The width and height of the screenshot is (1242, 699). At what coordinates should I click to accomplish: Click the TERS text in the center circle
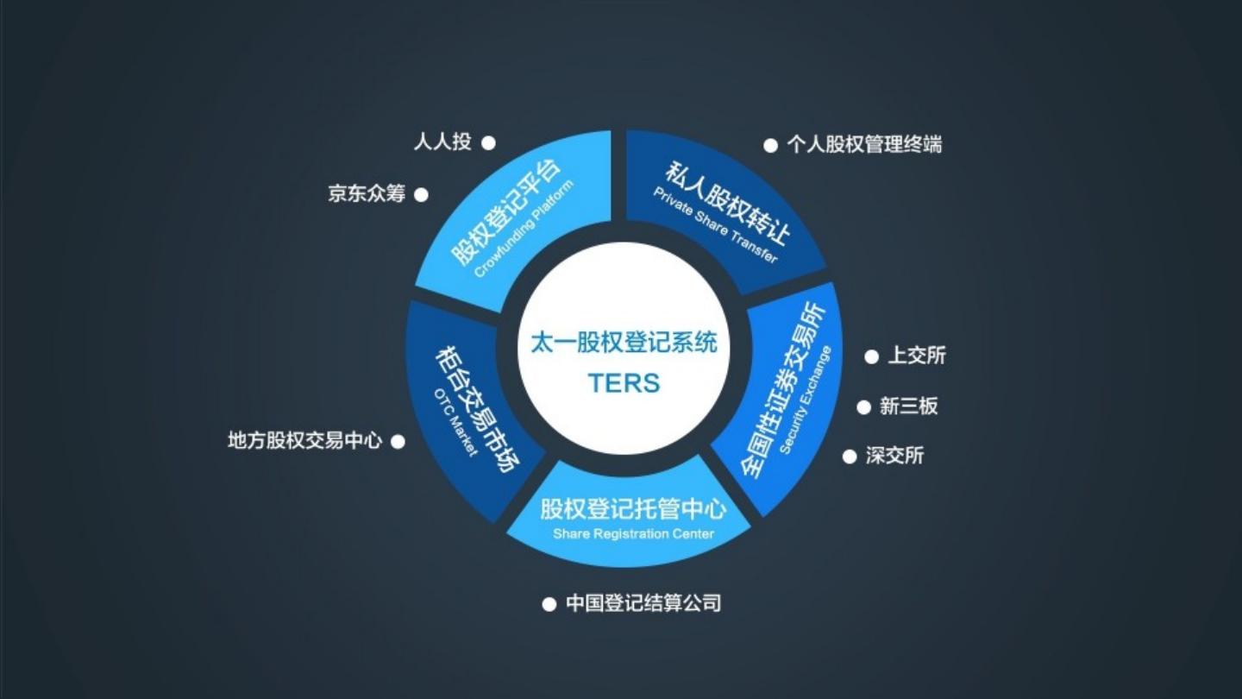(x=624, y=382)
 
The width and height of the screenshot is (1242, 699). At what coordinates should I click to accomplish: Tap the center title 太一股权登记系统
(x=624, y=343)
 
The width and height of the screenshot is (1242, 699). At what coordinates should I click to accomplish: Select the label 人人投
(x=442, y=142)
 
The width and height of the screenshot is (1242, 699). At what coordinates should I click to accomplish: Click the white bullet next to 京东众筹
(x=421, y=195)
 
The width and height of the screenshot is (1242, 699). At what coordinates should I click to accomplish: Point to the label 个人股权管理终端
(x=864, y=145)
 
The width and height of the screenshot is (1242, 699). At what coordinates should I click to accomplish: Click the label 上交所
(x=917, y=356)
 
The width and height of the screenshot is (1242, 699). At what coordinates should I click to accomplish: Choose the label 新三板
(x=908, y=406)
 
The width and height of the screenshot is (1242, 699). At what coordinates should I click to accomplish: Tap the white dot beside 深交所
(x=850, y=457)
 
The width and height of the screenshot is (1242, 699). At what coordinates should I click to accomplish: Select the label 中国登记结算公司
(x=643, y=603)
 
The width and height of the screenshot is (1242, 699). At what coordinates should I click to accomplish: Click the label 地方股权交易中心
(x=304, y=441)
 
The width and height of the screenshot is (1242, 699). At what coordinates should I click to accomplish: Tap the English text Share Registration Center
(x=633, y=533)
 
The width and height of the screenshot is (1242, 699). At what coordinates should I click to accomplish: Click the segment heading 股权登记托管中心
(x=633, y=509)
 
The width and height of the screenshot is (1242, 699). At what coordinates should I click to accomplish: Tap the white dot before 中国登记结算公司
(x=549, y=604)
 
